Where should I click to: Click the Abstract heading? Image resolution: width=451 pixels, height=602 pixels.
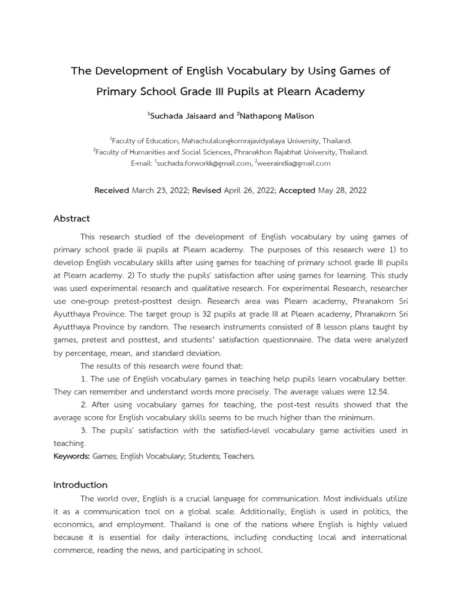(72, 219)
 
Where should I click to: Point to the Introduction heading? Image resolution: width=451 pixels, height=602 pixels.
(80, 485)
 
